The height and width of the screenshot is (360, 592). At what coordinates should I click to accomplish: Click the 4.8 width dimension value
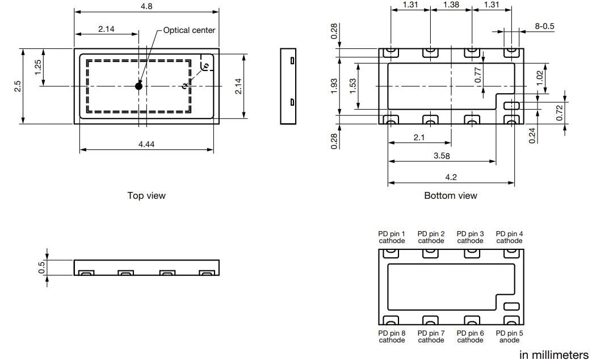click(x=146, y=6)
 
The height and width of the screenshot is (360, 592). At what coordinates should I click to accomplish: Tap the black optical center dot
click(x=138, y=86)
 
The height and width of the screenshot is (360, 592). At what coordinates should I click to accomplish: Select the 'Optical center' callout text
click(x=189, y=30)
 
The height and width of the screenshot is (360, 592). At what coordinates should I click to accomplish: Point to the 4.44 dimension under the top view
click(x=146, y=144)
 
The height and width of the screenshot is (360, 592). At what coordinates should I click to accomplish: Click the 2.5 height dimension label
click(x=18, y=86)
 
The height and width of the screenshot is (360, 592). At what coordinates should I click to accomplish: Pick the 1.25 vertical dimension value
click(x=38, y=67)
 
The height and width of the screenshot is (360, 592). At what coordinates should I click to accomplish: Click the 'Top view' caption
click(x=146, y=195)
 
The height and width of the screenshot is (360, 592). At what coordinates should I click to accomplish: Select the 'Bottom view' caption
click(x=451, y=195)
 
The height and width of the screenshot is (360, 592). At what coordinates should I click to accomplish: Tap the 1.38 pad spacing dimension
click(x=450, y=5)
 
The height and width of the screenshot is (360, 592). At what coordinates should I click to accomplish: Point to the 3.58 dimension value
click(x=442, y=156)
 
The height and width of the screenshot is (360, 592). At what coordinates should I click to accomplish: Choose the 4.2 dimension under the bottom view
click(x=451, y=177)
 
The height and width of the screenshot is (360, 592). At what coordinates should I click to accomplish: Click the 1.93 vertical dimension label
click(x=334, y=86)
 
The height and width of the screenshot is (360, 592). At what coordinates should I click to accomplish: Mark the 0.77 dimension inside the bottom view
click(x=478, y=75)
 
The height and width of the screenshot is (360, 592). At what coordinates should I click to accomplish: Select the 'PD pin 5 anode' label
click(x=509, y=336)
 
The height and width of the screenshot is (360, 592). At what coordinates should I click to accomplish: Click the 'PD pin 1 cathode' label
click(x=392, y=237)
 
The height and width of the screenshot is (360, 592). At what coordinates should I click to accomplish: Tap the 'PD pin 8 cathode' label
click(x=392, y=336)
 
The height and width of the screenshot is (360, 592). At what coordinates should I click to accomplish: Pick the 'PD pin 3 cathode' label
click(x=470, y=237)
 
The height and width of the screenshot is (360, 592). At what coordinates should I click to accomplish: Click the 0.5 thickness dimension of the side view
click(x=41, y=267)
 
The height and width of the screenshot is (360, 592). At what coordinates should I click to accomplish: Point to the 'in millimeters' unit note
click(x=554, y=355)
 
